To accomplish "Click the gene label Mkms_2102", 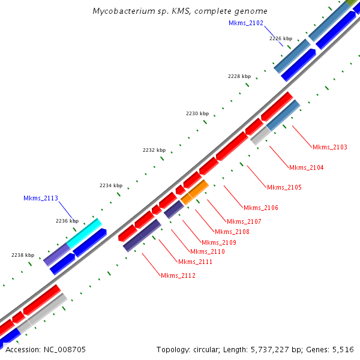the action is point(245,23).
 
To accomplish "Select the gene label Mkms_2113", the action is point(41,198).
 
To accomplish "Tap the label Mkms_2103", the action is point(330,147).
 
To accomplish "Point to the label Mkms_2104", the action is point(307,167).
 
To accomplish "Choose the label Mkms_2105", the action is point(284,188).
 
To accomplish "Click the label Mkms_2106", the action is point(261,208).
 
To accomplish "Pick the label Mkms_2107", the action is point(244,221).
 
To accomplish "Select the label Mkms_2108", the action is point(232,232).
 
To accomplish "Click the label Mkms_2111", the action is point(196,262).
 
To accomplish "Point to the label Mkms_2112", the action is point(178,275).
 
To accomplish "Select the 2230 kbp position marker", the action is point(197,113).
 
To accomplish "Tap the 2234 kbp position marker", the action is point(111,186).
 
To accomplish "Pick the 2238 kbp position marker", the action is point(23,255).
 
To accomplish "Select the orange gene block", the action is point(195,191).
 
